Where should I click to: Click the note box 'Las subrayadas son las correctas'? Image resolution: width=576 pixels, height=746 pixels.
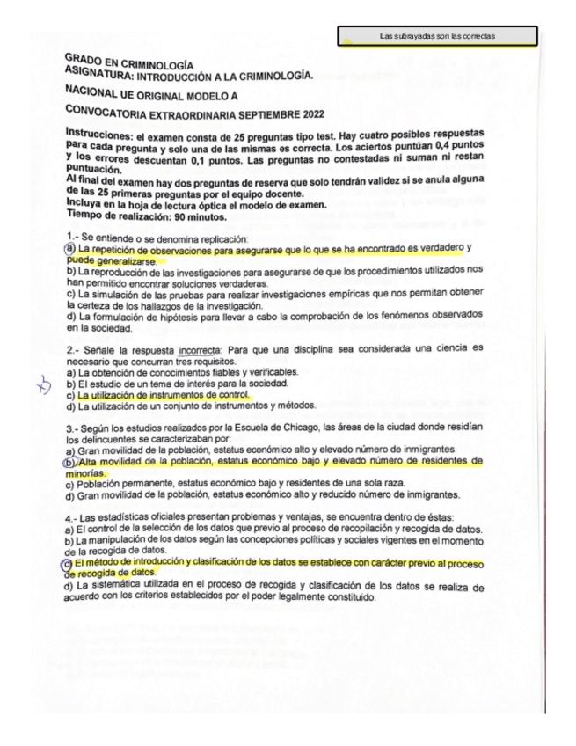click(437, 36)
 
